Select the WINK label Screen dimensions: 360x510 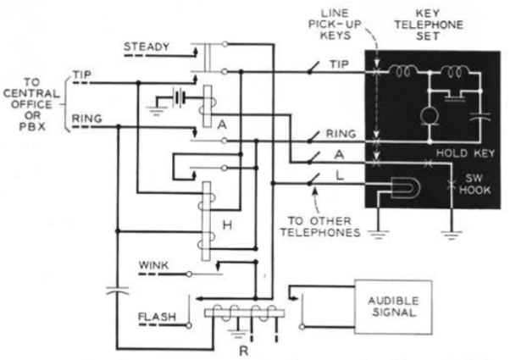[x=153, y=267]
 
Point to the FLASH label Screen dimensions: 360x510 [x=156, y=318]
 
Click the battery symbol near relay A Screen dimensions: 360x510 [x=175, y=97]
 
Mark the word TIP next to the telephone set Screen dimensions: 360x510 [x=339, y=62]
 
